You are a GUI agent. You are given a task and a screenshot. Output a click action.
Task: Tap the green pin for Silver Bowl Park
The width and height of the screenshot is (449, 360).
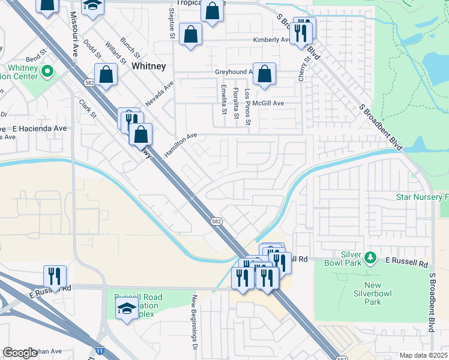point(371,257)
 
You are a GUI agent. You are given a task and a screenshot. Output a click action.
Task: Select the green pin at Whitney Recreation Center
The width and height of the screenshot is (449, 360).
point(47,73)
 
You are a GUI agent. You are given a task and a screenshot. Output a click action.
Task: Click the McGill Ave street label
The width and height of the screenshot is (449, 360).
point(268,103)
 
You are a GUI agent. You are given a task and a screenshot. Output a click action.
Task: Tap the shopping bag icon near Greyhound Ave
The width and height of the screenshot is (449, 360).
point(264,74)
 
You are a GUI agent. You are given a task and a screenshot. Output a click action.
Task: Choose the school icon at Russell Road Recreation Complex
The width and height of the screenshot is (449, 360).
point(127,308)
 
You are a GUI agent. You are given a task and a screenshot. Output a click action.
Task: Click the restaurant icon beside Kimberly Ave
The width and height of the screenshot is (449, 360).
point(300,32)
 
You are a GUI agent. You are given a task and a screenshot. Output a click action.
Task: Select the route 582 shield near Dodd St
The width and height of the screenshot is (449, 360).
point(89,82)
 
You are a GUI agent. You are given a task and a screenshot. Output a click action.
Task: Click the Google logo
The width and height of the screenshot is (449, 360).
point(20,353)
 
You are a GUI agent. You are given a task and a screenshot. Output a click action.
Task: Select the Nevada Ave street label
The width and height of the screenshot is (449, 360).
point(159,92)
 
